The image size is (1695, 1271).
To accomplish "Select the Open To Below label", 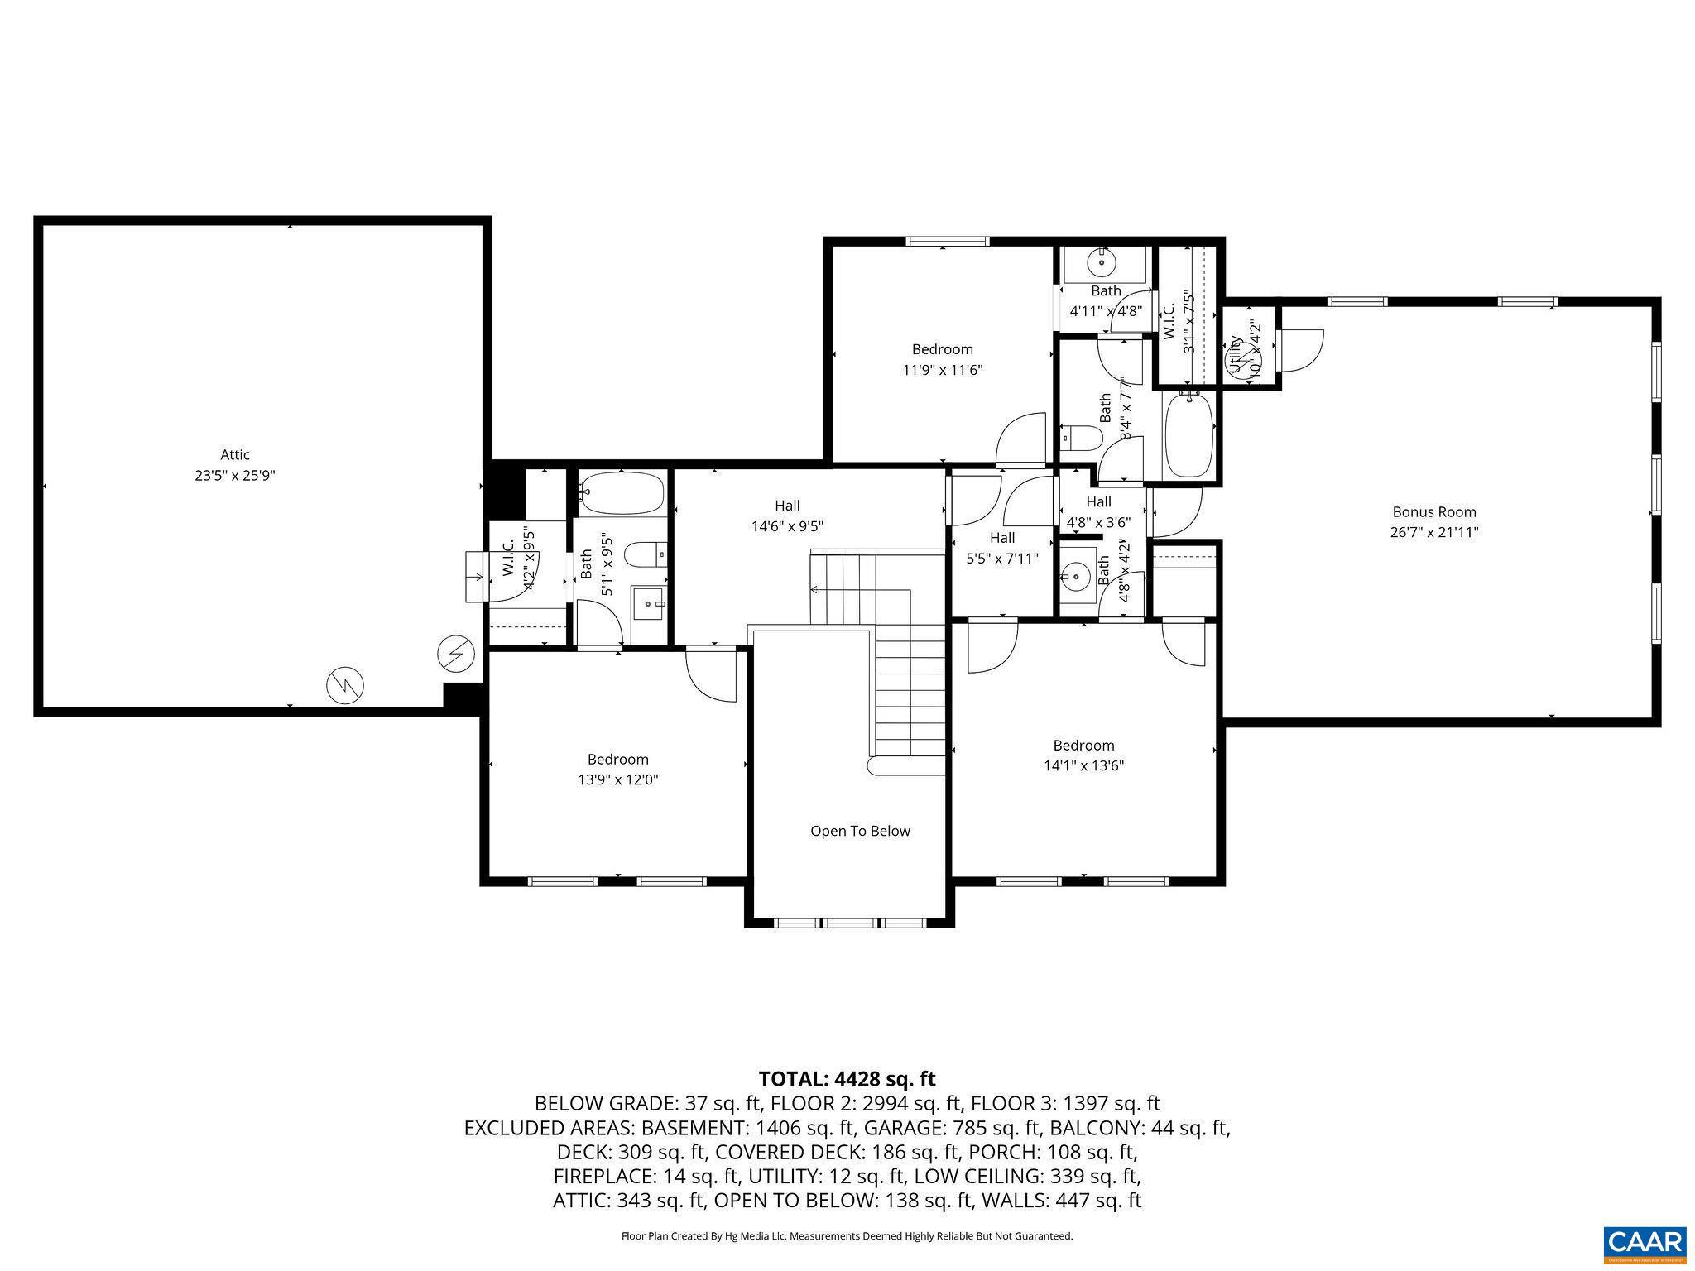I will (x=860, y=831).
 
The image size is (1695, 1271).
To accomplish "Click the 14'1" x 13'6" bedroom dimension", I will (x=1083, y=766).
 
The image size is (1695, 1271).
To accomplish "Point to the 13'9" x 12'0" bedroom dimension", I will (x=617, y=779).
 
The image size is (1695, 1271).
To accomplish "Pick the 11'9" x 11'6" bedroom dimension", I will (x=942, y=370).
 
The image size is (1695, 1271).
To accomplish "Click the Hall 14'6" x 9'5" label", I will (x=787, y=516).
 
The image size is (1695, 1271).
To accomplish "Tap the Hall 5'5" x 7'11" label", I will (x=1001, y=548).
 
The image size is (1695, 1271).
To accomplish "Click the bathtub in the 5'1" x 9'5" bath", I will (x=621, y=492).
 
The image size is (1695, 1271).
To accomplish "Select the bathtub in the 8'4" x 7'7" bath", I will (x=1188, y=434).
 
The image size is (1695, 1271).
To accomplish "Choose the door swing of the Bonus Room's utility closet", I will (x=1300, y=349).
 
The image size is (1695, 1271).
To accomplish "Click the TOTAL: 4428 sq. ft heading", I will (x=847, y=1079).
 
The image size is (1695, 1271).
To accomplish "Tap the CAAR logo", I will (x=1645, y=1244).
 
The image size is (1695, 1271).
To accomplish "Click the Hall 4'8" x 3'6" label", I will (x=1098, y=511).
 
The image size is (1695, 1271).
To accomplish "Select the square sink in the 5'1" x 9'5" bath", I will (x=648, y=603).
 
